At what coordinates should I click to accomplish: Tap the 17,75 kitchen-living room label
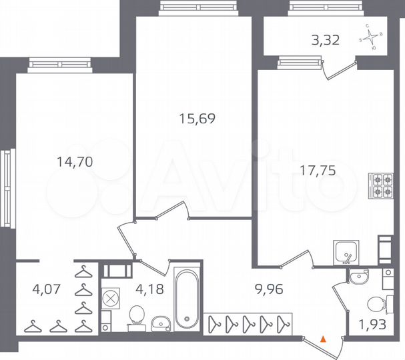(318, 170)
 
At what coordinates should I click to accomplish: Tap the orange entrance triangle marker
(324, 339)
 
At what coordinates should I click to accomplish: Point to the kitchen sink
(346, 253)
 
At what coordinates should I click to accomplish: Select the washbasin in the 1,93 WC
(359, 275)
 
